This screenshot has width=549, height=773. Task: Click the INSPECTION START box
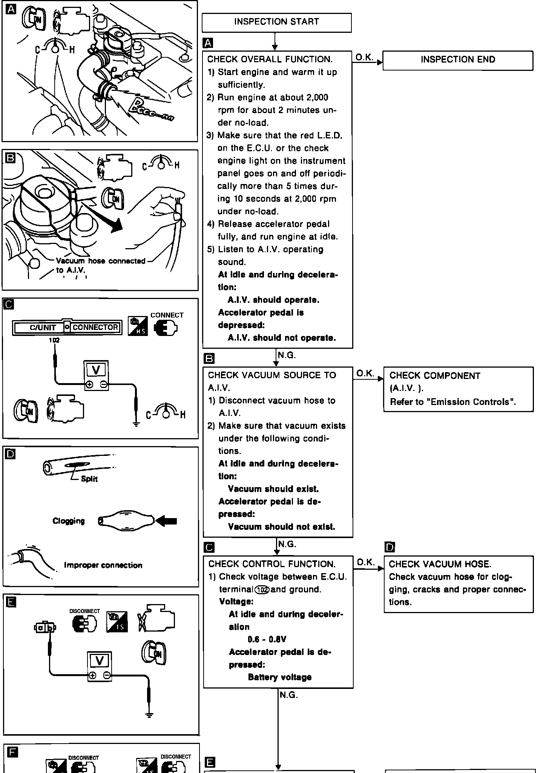tap(276, 22)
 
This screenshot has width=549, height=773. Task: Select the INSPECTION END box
tap(458, 60)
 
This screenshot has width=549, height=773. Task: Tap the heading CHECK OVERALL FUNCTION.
tap(270, 60)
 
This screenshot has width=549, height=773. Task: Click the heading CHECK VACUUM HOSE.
tap(440, 564)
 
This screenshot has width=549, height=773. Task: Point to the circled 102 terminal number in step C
tap(262, 589)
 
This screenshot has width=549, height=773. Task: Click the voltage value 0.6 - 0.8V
tap(267, 640)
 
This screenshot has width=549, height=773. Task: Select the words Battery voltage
tap(280, 677)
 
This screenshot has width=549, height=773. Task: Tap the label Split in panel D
tap(89, 479)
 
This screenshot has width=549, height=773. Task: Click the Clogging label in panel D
tap(69, 521)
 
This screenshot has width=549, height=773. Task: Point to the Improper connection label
tap(103, 565)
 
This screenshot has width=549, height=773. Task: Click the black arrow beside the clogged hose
tap(166, 521)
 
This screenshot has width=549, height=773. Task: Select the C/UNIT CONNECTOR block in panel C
tap(67, 327)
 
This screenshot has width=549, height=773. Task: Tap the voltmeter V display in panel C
tap(96, 370)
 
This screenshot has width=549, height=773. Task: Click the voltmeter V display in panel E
tap(100, 661)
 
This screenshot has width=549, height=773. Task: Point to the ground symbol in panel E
tap(149, 715)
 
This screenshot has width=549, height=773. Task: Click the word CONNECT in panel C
tap(167, 315)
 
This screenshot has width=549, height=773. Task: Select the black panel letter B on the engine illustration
tap(10, 158)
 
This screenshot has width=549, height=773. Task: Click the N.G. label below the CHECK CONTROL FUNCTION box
tap(288, 695)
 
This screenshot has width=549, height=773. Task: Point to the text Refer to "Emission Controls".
tap(453, 402)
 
